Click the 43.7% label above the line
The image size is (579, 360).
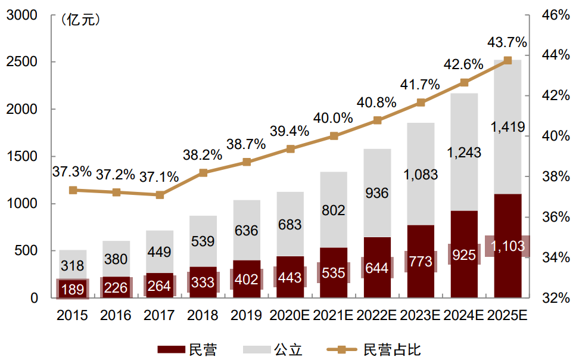[x=507, y=42]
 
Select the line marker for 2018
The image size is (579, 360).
[x=203, y=173]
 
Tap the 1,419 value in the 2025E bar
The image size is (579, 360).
[x=507, y=127]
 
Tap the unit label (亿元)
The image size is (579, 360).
[x=80, y=20]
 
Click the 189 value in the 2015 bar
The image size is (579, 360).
[x=73, y=289]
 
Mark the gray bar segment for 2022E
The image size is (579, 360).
[x=376, y=193]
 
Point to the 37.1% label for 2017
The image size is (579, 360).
[x=159, y=177]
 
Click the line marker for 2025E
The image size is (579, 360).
[x=508, y=60]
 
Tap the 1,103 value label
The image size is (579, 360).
[x=507, y=246]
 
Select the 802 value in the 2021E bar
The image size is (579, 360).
[x=334, y=210]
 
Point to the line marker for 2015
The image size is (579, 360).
[x=73, y=190]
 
